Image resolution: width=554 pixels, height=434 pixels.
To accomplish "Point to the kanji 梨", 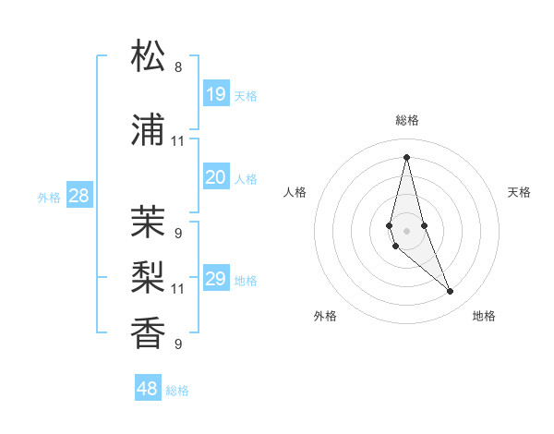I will click(x=148, y=275).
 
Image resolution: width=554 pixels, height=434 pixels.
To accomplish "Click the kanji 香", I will click(x=148, y=331).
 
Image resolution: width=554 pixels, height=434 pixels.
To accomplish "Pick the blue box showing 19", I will click(x=216, y=94).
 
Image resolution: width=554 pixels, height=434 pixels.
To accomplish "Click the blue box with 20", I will click(x=216, y=177).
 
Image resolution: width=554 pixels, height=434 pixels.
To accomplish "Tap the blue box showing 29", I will click(x=216, y=279).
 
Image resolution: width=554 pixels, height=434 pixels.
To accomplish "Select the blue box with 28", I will click(x=78, y=195).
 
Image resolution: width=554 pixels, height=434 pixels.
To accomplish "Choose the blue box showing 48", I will click(x=148, y=389).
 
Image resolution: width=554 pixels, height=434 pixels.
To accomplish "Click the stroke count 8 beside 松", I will click(x=178, y=67).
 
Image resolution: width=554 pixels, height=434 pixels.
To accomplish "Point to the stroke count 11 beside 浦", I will click(x=178, y=141).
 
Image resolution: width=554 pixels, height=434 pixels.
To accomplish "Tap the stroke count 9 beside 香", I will click(x=178, y=344).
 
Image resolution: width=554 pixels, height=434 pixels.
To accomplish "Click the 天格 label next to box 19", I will click(x=246, y=95).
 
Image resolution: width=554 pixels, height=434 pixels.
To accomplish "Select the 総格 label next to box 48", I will click(x=177, y=391).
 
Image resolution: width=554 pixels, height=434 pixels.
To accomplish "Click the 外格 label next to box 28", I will click(x=49, y=197).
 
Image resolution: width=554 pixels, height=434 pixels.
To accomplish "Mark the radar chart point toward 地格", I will click(x=451, y=292).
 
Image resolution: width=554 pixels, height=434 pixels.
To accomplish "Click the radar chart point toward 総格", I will click(x=406, y=157).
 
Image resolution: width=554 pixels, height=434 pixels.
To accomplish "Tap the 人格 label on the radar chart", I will click(x=295, y=192).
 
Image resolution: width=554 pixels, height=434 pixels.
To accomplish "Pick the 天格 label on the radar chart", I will click(x=519, y=192).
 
